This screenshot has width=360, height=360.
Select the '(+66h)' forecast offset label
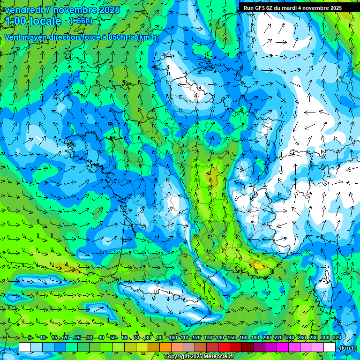(81, 21)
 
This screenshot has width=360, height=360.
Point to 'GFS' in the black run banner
(260, 8)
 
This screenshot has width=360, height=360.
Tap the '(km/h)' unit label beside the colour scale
(347, 347)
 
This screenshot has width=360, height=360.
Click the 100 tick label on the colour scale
(173, 337)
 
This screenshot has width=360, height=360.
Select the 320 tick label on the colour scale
(337, 337)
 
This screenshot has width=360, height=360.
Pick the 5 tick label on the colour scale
(30, 337)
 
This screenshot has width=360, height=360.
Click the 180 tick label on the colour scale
(255, 337)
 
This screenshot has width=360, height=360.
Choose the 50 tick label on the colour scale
(113, 337)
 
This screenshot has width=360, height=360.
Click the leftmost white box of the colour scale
(25, 347)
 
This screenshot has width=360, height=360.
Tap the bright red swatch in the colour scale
(224, 347)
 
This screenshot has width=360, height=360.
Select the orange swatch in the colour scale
(165, 347)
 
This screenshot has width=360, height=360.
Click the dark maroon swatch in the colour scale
(247, 347)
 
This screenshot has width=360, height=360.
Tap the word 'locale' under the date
(45, 21)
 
